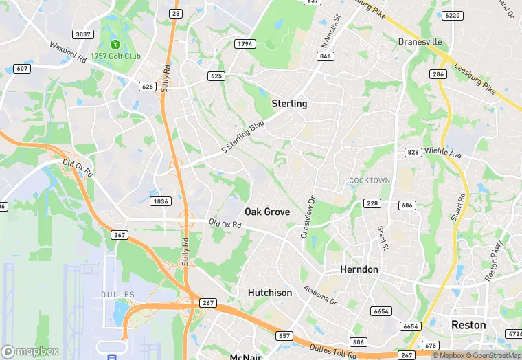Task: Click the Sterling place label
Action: pos(289,104)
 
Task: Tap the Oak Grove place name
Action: pos(267,212)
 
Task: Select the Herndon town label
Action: pos(359,270)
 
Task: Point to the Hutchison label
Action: pos(269,293)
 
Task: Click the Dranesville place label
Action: pos(420,42)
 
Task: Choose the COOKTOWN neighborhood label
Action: pos(370,181)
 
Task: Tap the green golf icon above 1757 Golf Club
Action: pos(106,32)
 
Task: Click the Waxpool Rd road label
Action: pos(67,52)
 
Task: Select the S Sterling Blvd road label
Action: pos(242,137)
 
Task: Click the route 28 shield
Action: pos(176,14)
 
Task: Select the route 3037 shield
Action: pos(83,34)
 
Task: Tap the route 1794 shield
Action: pos(244,44)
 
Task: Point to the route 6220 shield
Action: pos(452,16)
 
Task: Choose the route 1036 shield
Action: pos(160,201)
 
